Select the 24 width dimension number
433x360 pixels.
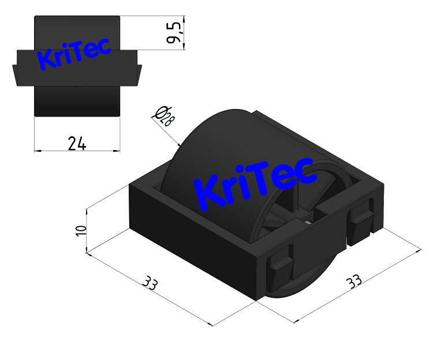coord(77,143)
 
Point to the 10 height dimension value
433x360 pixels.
coord(81,229)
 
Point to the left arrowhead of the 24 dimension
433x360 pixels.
coord(38,151)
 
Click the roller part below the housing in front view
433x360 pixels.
coord(77,101)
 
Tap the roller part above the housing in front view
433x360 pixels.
coord(77,32)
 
